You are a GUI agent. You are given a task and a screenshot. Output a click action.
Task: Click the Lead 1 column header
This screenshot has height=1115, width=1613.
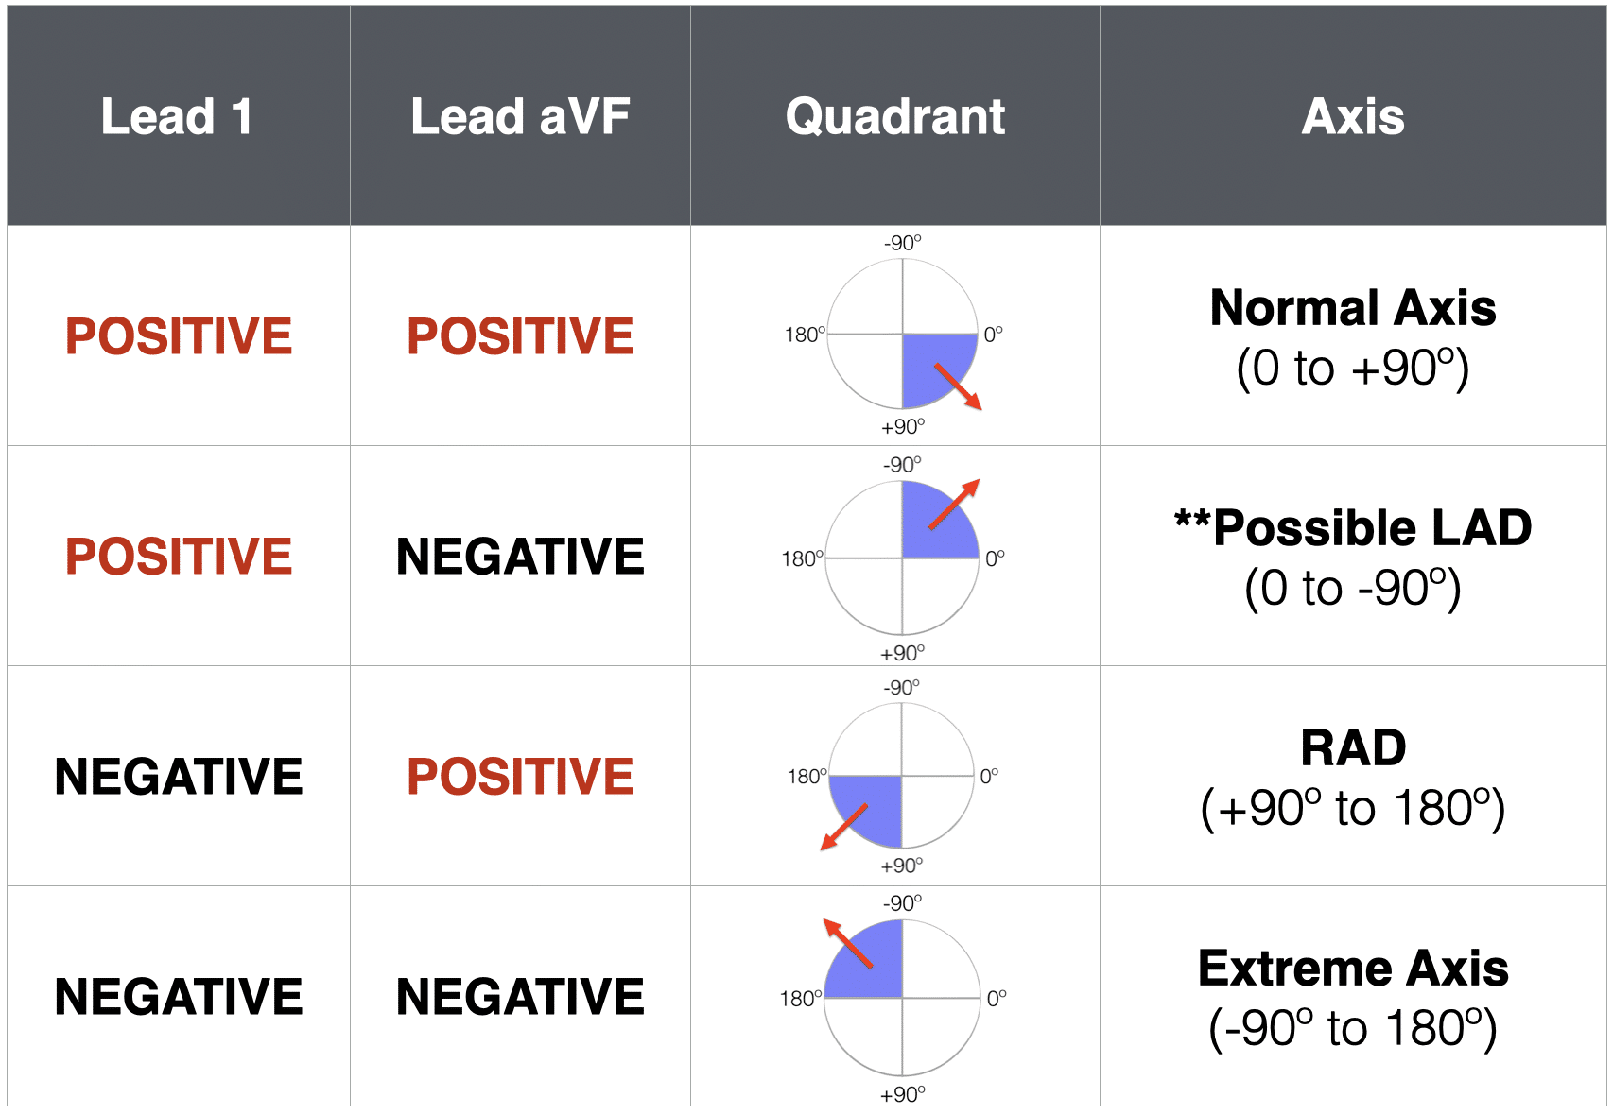177,117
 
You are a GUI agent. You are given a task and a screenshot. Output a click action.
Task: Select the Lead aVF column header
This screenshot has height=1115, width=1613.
520,117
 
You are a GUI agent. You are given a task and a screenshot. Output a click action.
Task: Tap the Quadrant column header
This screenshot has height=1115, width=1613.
894,117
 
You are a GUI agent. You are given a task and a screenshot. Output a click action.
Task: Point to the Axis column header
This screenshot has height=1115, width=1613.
1353,117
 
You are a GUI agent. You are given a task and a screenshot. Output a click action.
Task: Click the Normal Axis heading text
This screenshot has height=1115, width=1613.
1353,308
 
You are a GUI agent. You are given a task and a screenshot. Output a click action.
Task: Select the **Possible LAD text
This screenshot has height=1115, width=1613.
1353,527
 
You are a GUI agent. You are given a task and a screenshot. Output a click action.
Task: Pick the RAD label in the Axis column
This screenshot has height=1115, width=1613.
1353,747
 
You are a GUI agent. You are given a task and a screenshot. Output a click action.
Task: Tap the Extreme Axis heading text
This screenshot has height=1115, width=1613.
1353,969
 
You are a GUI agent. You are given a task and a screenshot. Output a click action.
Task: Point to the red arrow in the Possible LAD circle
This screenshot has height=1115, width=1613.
954,505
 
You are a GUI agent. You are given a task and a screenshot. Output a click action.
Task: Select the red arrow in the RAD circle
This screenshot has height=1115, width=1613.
843,827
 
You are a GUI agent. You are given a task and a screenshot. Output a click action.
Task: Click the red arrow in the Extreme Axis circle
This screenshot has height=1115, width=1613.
848,943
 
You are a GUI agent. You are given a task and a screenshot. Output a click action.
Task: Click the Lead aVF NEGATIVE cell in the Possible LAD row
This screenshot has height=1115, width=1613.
520,556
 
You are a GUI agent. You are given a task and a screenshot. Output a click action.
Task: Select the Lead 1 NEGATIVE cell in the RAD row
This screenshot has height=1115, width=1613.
179,777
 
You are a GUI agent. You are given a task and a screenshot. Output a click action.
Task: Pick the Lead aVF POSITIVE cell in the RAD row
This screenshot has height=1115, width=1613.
520,777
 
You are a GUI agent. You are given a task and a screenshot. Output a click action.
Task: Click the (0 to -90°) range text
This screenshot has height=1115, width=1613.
1353,588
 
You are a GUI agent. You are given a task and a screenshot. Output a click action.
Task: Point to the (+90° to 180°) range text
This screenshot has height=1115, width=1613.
1353,808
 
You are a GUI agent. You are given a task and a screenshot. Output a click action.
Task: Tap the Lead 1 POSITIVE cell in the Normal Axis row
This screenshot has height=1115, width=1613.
179,336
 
